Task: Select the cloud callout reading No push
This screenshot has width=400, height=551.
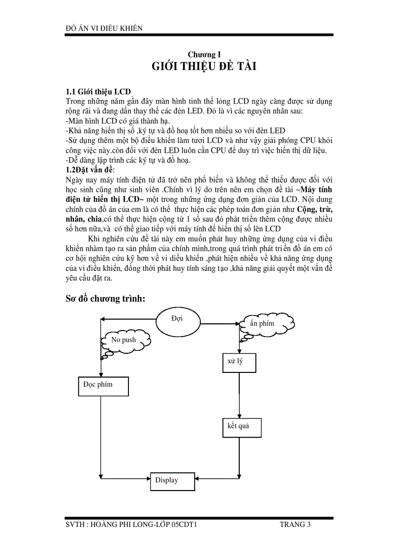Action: click(x=125, y=340)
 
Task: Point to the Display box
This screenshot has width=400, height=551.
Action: click(x=170, y=481)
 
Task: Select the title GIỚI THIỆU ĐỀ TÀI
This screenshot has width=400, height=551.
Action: click(x=200, y=67)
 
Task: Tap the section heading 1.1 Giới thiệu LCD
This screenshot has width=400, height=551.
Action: click(x=98, y=92)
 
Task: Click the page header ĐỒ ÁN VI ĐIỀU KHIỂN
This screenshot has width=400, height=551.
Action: click(x=104, y=28)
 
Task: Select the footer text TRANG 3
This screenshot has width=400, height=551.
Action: click(x=295, y=525)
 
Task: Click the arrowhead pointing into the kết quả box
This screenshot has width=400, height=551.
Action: click(x=239, y=416)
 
